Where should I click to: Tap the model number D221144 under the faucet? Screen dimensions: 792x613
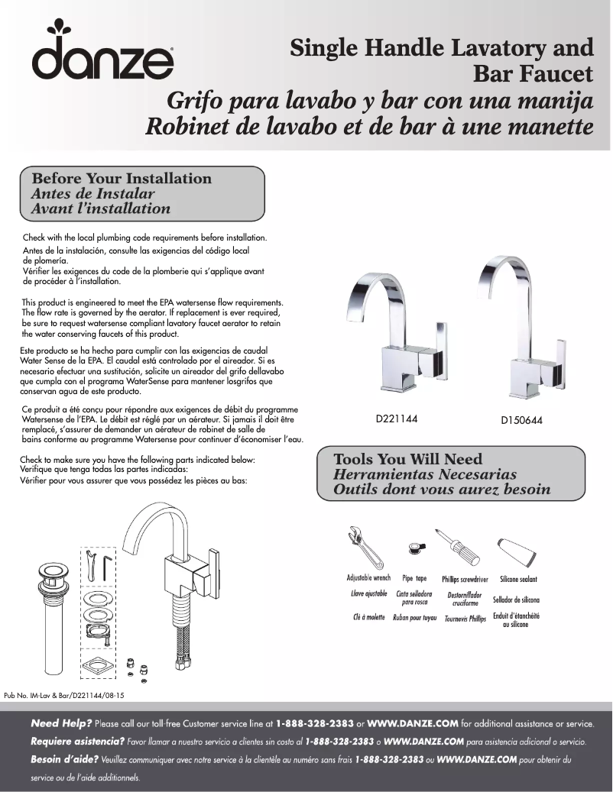click(396, 419)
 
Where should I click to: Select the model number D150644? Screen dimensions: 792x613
click(521, 421)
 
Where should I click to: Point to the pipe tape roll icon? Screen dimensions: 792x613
click(415, 546)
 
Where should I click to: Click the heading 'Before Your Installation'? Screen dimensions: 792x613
click(122, 179)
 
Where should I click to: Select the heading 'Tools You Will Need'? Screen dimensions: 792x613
click(408, 459)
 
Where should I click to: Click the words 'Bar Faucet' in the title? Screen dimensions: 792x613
click(534, 75)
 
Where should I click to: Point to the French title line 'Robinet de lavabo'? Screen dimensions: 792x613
click(369, 125)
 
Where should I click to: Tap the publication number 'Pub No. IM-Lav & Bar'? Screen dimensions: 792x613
click(64, 696)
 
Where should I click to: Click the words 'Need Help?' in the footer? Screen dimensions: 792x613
click(61, 722)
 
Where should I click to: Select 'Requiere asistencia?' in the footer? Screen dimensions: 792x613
click(77, 741)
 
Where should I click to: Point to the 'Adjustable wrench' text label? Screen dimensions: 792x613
click(368, 578)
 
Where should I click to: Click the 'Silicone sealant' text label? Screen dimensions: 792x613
click(518, 580)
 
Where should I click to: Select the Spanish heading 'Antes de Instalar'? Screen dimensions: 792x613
click(92, 194)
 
